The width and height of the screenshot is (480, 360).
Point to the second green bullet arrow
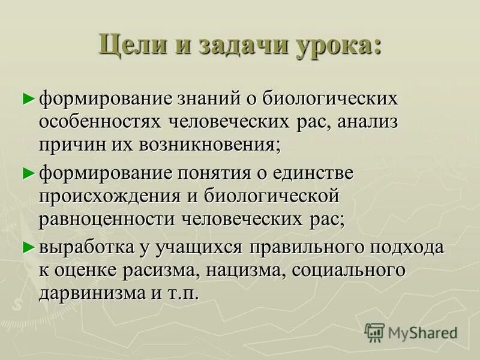point(26,173)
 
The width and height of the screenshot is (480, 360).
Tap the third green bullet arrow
point(26,247)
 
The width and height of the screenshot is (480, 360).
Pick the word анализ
point(365,121)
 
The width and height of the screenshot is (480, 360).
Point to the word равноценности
point(106,219)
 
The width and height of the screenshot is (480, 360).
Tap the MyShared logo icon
point(374,332)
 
